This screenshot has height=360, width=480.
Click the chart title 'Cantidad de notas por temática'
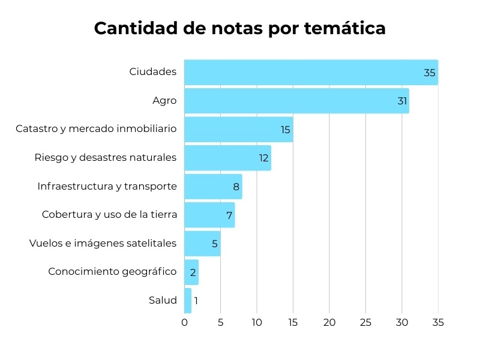(x=239, y=28)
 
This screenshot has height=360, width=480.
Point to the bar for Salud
(x=188, y=301)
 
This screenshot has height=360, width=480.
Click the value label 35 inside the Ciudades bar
(x=429, y=73)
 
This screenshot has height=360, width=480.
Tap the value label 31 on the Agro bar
(x=402, y=101)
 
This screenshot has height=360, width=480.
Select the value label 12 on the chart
(x=263, y=158)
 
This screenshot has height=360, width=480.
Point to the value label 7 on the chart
(x=229, y=215)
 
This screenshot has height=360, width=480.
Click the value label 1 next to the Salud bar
(x=196, y=301)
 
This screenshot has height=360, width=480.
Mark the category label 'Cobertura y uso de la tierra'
(x=109, y=215)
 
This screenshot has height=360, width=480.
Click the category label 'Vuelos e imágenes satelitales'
(x=103, y=243)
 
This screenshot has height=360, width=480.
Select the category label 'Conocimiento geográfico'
(x=112, y=272)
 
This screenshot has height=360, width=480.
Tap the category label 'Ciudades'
(x=153, y=72)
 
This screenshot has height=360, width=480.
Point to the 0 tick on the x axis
(x=184, y=322)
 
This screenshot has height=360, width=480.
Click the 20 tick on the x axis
(x=329, y=322)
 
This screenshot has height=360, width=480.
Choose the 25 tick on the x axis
(x=365, y=322)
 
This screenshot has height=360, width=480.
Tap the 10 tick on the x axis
(x=257, y=322)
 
